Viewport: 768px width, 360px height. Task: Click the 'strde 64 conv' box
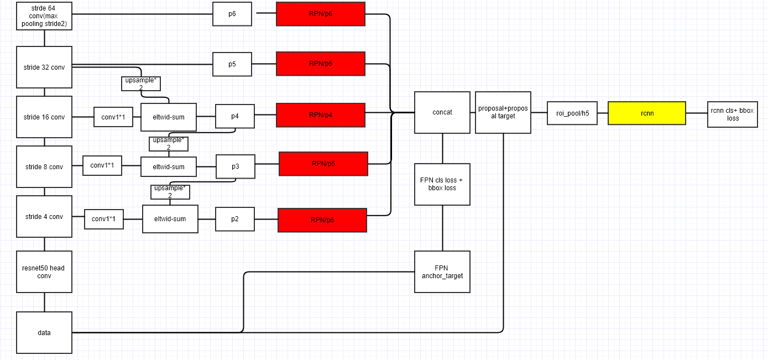[x=44, y=16]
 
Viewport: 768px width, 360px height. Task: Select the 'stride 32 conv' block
[x=44, y=67]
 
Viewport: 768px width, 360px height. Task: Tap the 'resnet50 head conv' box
[x=44, y=272]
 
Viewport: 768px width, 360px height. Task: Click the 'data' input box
[x=44, y=332]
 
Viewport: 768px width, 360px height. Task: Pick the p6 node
[x=232, y=14]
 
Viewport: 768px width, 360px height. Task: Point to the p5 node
[x=232, y=64]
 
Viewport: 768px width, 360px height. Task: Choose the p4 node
[x=235, y=116]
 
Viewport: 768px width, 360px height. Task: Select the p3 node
[x=236, y=166]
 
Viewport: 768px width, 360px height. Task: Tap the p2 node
[x=235, y=219]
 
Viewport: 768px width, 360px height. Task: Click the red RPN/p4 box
[x=321, y=115]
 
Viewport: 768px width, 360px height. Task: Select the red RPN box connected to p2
[x=322, y=220]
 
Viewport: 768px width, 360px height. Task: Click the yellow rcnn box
[x=646, y=113]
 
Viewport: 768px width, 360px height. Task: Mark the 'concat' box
[x=442, y=112]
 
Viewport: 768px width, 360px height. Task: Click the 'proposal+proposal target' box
[x=503, y=112]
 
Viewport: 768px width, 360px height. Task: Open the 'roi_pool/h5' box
[x=572, y=113]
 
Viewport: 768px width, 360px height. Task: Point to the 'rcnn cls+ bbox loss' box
[x=732, y=114]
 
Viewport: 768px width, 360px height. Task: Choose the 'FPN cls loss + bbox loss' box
[x=442, y=184]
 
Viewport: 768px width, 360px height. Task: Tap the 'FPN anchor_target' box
[x=442, y=272]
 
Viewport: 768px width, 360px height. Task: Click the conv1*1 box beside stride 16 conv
[x=113, y=117]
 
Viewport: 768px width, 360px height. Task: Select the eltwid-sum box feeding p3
[x=169, y=166]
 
